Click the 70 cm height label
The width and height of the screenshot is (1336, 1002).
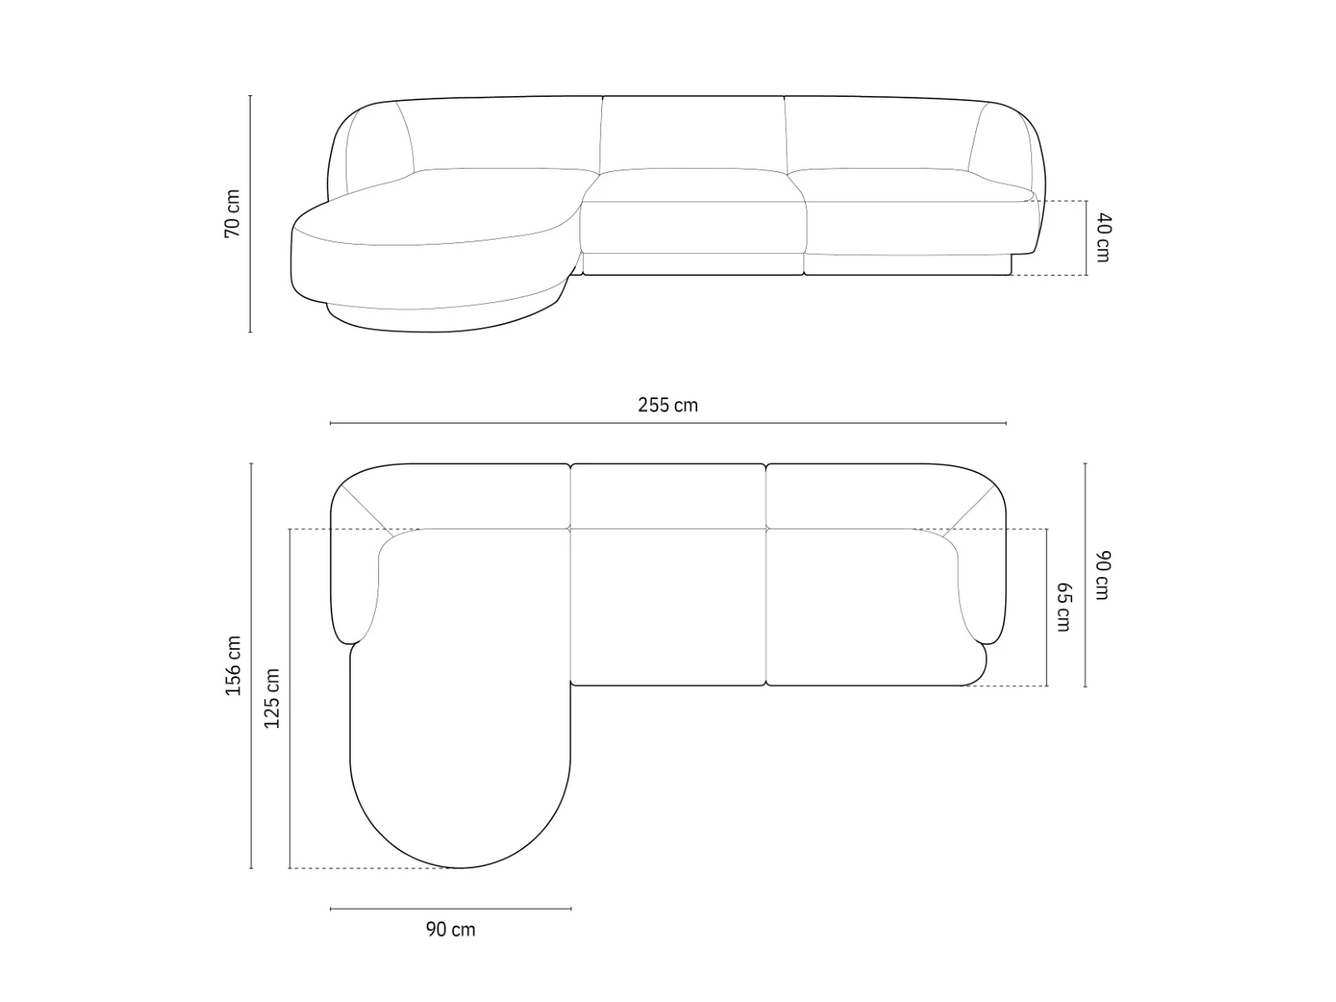coord(232,213)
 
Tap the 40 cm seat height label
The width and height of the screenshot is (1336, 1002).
coord(1102,238)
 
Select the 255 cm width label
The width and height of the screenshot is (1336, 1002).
coord(668,405)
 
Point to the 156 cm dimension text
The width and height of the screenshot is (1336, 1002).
coord(233,665)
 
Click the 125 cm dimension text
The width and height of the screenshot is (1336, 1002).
coord(271,698)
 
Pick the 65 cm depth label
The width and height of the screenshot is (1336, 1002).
coord(1063,607)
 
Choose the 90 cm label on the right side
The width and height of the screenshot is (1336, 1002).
coord(1102,575)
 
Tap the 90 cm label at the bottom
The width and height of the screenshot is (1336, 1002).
coord(450,929)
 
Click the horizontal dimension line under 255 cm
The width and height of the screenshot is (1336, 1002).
coord(668,423)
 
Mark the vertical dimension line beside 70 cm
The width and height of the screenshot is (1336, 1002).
coord(250,214)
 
